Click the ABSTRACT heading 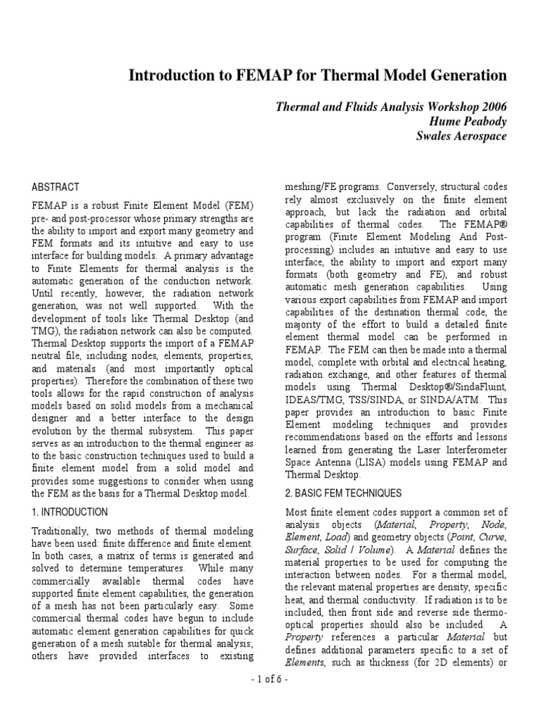click(x=55, y=187)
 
